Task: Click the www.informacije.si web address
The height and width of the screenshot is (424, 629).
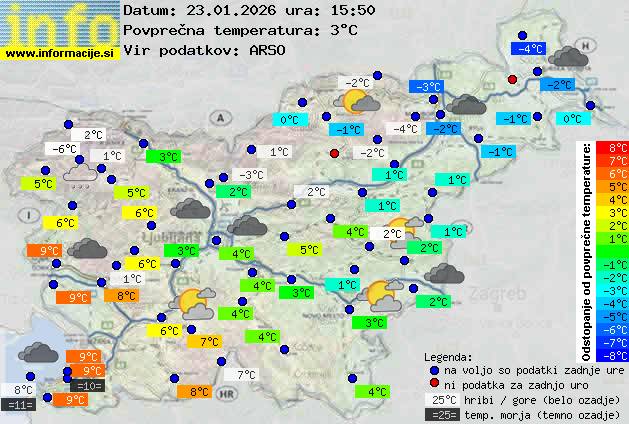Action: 61,53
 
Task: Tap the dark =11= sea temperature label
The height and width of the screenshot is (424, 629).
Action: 19,405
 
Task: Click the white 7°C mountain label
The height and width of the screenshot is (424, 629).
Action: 246,375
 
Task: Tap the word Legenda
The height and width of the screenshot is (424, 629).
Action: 448,356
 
